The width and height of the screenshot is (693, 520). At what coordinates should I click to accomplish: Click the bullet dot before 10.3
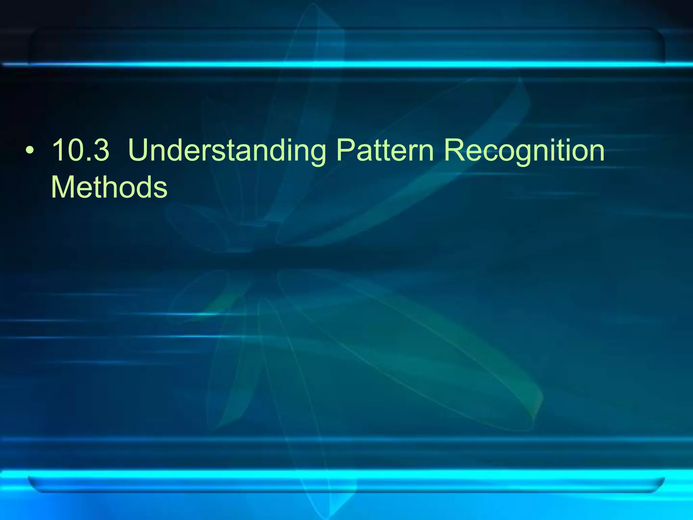30,151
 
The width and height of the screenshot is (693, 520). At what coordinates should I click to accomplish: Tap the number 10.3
81,150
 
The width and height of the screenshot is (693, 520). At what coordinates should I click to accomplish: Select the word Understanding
227,151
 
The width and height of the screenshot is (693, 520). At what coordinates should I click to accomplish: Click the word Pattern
385,150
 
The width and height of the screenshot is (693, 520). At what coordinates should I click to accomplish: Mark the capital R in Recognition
455,150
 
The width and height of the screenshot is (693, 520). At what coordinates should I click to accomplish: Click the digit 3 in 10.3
100,150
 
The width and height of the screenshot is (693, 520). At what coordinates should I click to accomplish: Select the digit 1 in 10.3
58,150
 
